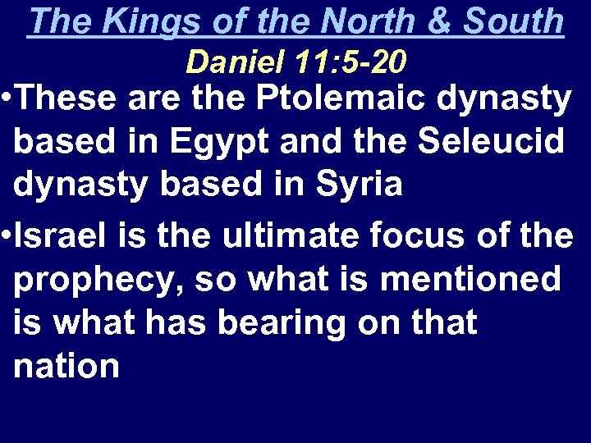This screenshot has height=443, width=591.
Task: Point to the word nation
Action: (66, 366)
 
